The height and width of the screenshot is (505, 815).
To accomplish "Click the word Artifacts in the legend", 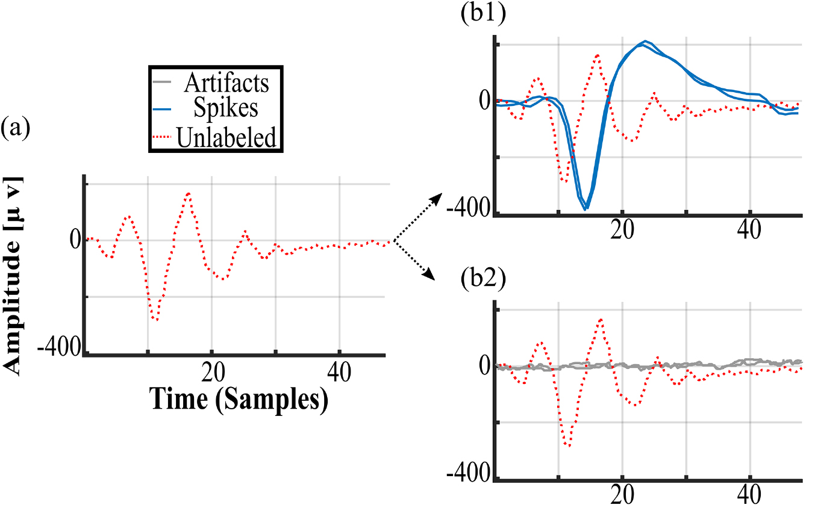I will tap(226, 82).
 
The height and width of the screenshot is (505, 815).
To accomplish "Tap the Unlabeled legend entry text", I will tap(226, 137).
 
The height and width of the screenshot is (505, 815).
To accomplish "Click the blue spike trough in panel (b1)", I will tap(585, 209).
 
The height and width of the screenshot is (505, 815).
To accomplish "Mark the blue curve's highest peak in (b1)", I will tap(645, 42).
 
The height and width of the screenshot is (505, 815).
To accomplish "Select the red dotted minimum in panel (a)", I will tap(156, 319).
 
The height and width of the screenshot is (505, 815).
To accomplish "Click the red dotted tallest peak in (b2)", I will tap(601, 319).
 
